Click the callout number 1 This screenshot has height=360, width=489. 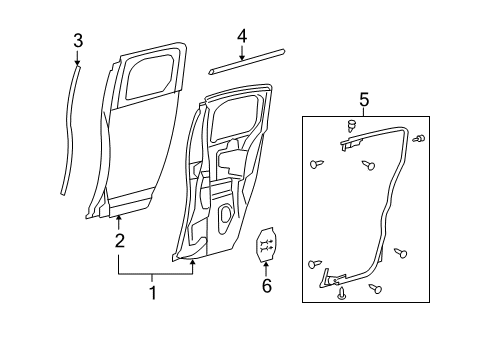click(153, 292)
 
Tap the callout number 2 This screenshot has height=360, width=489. click(119, 240)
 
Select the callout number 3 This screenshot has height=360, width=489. click(78, 40)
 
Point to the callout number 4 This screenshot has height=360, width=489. click(241, 37)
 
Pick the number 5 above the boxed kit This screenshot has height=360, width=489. click(364, 100)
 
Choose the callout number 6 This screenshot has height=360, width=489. click(266, 287)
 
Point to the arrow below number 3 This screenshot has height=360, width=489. click(78, 61)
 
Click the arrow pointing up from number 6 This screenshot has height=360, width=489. click(266, 267)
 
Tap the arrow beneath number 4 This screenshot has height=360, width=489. click(241, 54)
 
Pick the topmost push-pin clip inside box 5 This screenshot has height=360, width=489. click(353, 125)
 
